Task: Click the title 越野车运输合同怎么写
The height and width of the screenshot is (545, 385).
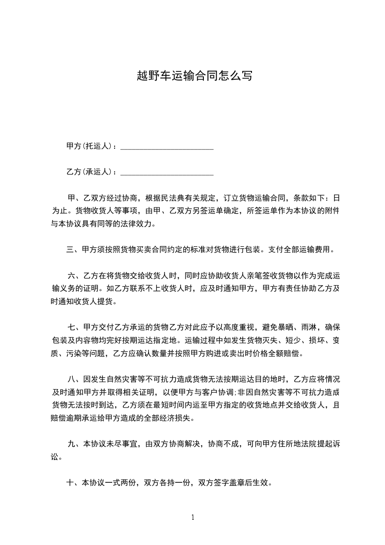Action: pyautogui.click(x=194, y=76)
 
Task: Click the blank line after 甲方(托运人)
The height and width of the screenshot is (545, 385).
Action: pyautogui.click(x=167, y=147)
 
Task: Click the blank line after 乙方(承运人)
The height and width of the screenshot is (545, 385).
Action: pyautogui.click(x=167, y=173)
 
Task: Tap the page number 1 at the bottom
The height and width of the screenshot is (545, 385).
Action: pyautogui.click(x=193, y=518)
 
